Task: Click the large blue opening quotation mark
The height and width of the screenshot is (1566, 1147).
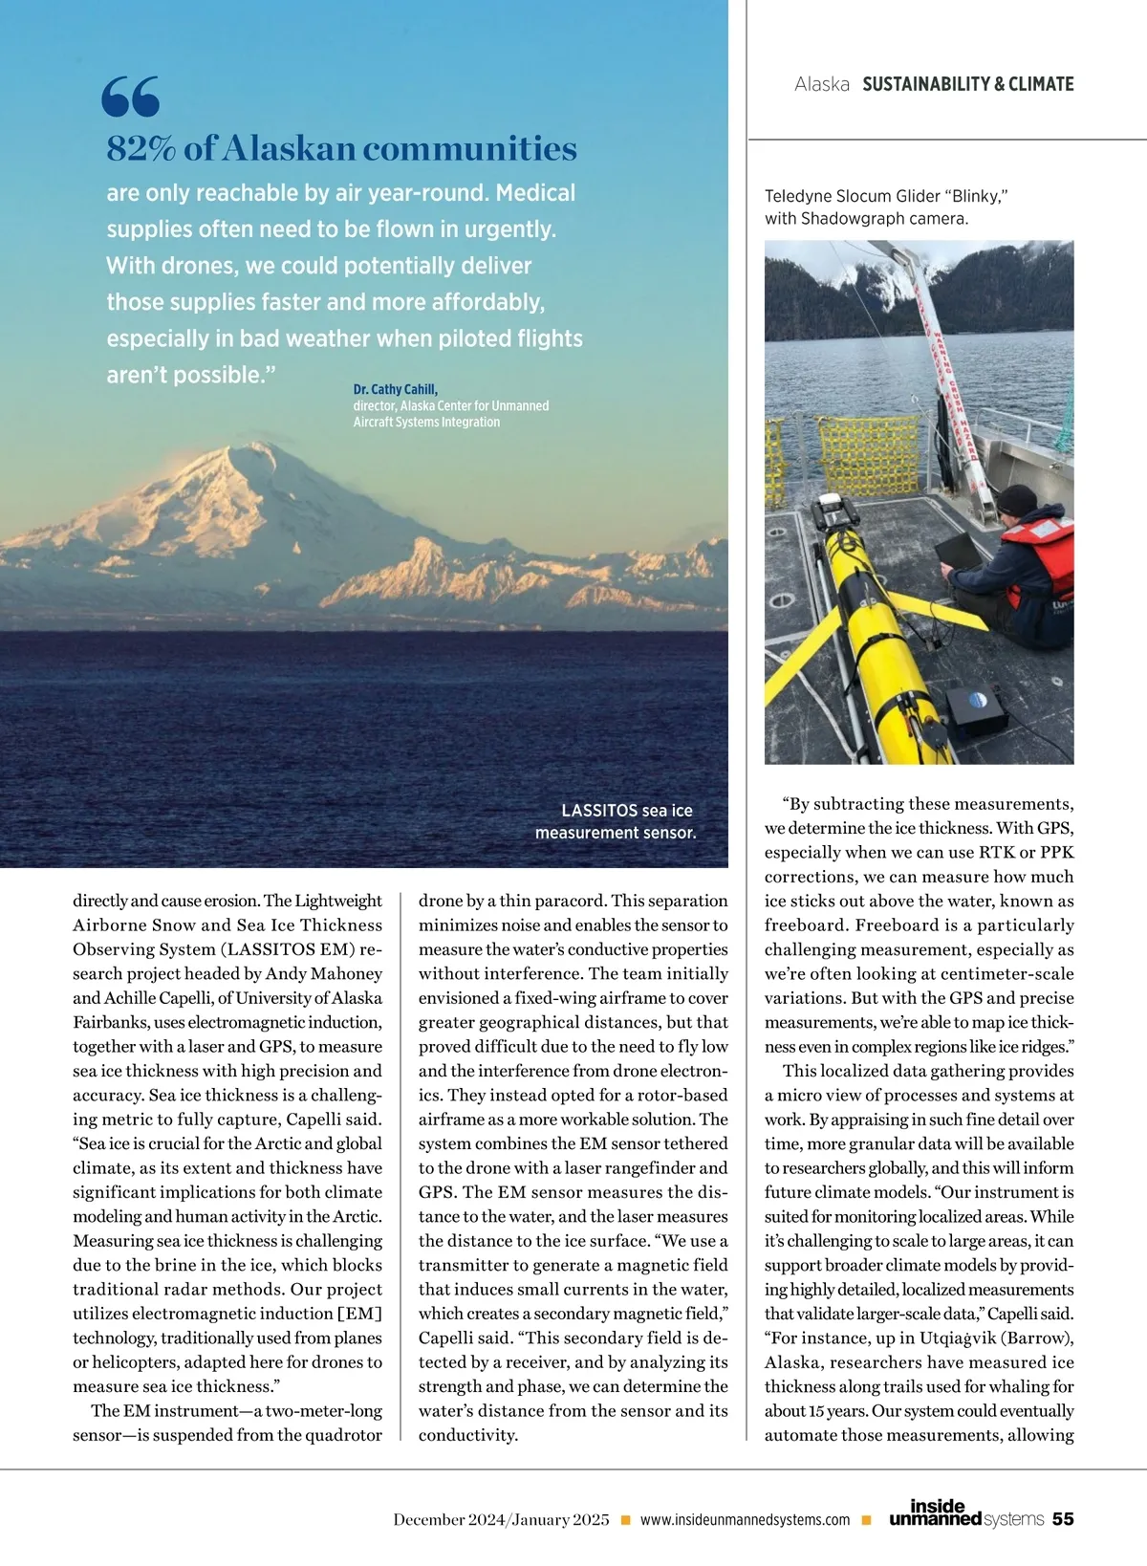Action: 130,97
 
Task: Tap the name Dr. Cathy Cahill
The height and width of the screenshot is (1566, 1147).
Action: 395,389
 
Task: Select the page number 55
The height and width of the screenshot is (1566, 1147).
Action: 1063,1518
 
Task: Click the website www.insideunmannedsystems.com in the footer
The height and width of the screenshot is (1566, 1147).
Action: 745,1519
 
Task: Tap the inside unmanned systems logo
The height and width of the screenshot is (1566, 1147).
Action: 965,1513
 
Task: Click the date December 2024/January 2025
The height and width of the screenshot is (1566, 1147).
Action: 501,1519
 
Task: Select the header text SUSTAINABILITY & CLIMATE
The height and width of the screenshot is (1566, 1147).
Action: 967,84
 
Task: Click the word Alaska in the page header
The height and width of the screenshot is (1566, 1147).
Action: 822,84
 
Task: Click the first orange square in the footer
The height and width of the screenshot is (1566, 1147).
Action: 625,1519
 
